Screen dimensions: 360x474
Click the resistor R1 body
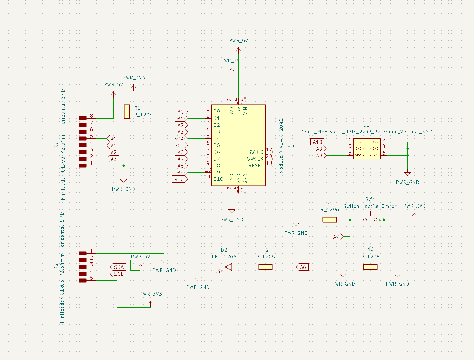[x=127, y=112]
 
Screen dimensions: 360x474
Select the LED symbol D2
[x=228, y=267]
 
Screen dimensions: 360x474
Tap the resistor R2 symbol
[x=265, y=267]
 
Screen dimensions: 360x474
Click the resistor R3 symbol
[x=370, y=267]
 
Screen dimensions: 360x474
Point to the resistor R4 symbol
[x=329, y=220]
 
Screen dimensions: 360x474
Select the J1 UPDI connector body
[x=367, y=149]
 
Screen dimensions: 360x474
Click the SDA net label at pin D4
[x=179, y=139]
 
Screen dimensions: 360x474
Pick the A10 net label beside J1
[x=317, y=142]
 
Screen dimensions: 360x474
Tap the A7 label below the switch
[x=336, y=237]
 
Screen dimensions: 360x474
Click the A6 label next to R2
[x=303, y=267]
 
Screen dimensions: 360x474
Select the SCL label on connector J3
[x=119, y=274]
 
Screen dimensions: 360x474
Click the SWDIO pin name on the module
[x=256, y=152]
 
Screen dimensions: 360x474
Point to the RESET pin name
[x=256, y=166]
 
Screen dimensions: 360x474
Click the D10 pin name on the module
[x=218, y=179]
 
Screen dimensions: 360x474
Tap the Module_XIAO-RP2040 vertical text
[x=281, y=146]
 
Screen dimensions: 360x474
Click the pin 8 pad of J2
[x=83, y=118]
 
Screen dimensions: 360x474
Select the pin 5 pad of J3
[x=83, y=281]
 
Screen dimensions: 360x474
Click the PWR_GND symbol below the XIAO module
[x=232, y=211]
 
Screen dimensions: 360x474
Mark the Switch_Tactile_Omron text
[x=370, y=206]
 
